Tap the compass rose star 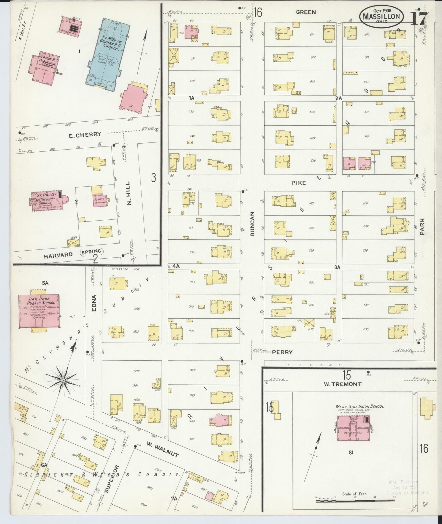(x=63, y=380)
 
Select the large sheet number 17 (x=418, y=18)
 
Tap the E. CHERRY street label (x=84, y=135)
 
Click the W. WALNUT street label (x=162, y=449)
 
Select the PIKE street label (x=298, y=183)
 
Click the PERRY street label (x=282, y=352)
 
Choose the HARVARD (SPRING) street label (x=73, y=253)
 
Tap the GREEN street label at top (x=306, y=12)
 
